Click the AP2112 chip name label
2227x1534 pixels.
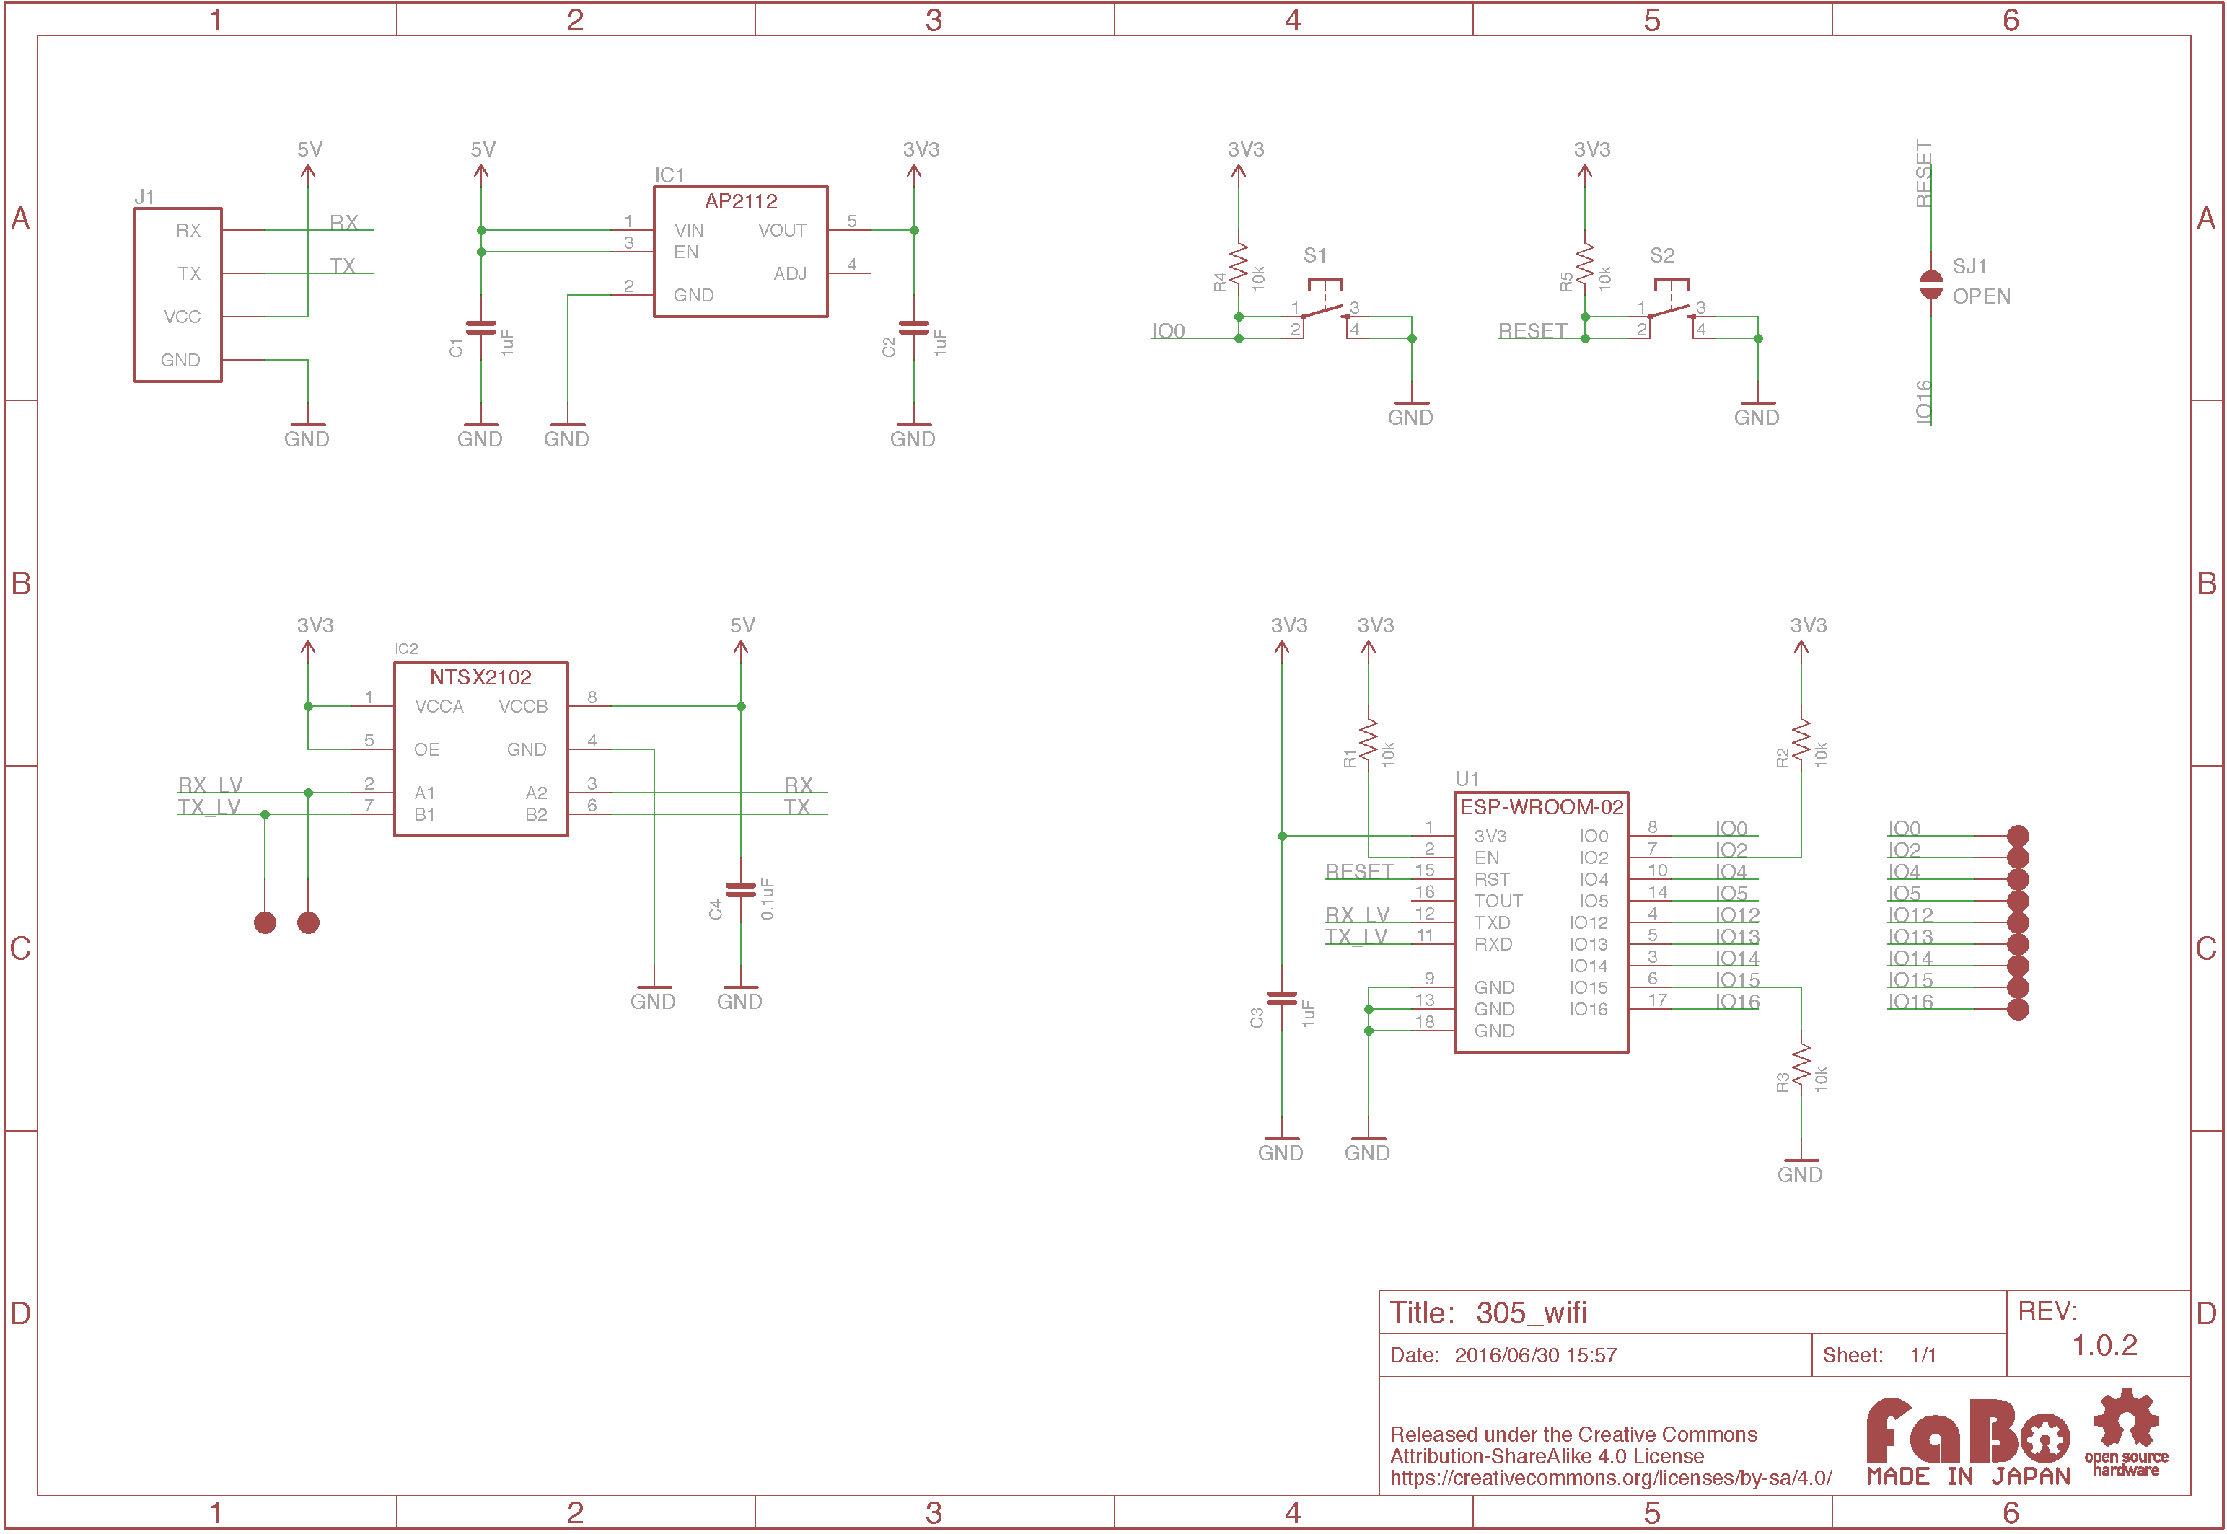click(x=740, y=201)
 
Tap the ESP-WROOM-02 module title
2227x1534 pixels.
click(x=1541, y=806)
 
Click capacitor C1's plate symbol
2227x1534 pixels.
click(x=480, y=327)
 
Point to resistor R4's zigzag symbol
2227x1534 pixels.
click(x=1238, y=263)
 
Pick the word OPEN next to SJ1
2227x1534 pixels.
click(x=1981, y=296)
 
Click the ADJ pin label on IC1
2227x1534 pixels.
click(x=789, y=274)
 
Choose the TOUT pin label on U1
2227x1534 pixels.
click(x=1498, y=901)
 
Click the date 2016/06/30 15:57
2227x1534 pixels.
click(x=1535, y=1355)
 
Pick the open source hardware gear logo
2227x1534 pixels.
click(x=2126, y=1431)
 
